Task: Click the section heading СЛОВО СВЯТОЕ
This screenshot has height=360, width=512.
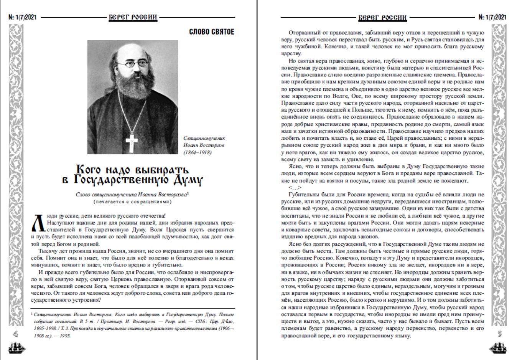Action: (x=211, y=31)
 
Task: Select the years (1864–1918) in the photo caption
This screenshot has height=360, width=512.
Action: (x=197, y=153)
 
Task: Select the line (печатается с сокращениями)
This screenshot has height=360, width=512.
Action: (x=132, y=201)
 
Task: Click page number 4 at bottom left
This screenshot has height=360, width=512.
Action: (x=16, y=334)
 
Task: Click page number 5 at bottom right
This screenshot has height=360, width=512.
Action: (x=499, y=334)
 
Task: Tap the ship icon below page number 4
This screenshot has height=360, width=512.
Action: (x=16, y=348)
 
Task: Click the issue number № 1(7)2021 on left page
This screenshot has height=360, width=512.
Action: (x=22, y=17)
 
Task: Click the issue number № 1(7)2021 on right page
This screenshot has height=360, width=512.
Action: (x=492, y=17)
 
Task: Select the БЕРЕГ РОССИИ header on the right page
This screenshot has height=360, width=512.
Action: (x=382, y=17)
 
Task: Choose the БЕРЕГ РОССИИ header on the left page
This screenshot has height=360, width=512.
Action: (x=133, y=17)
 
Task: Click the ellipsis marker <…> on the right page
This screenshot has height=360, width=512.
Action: (x=295, y=188)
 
